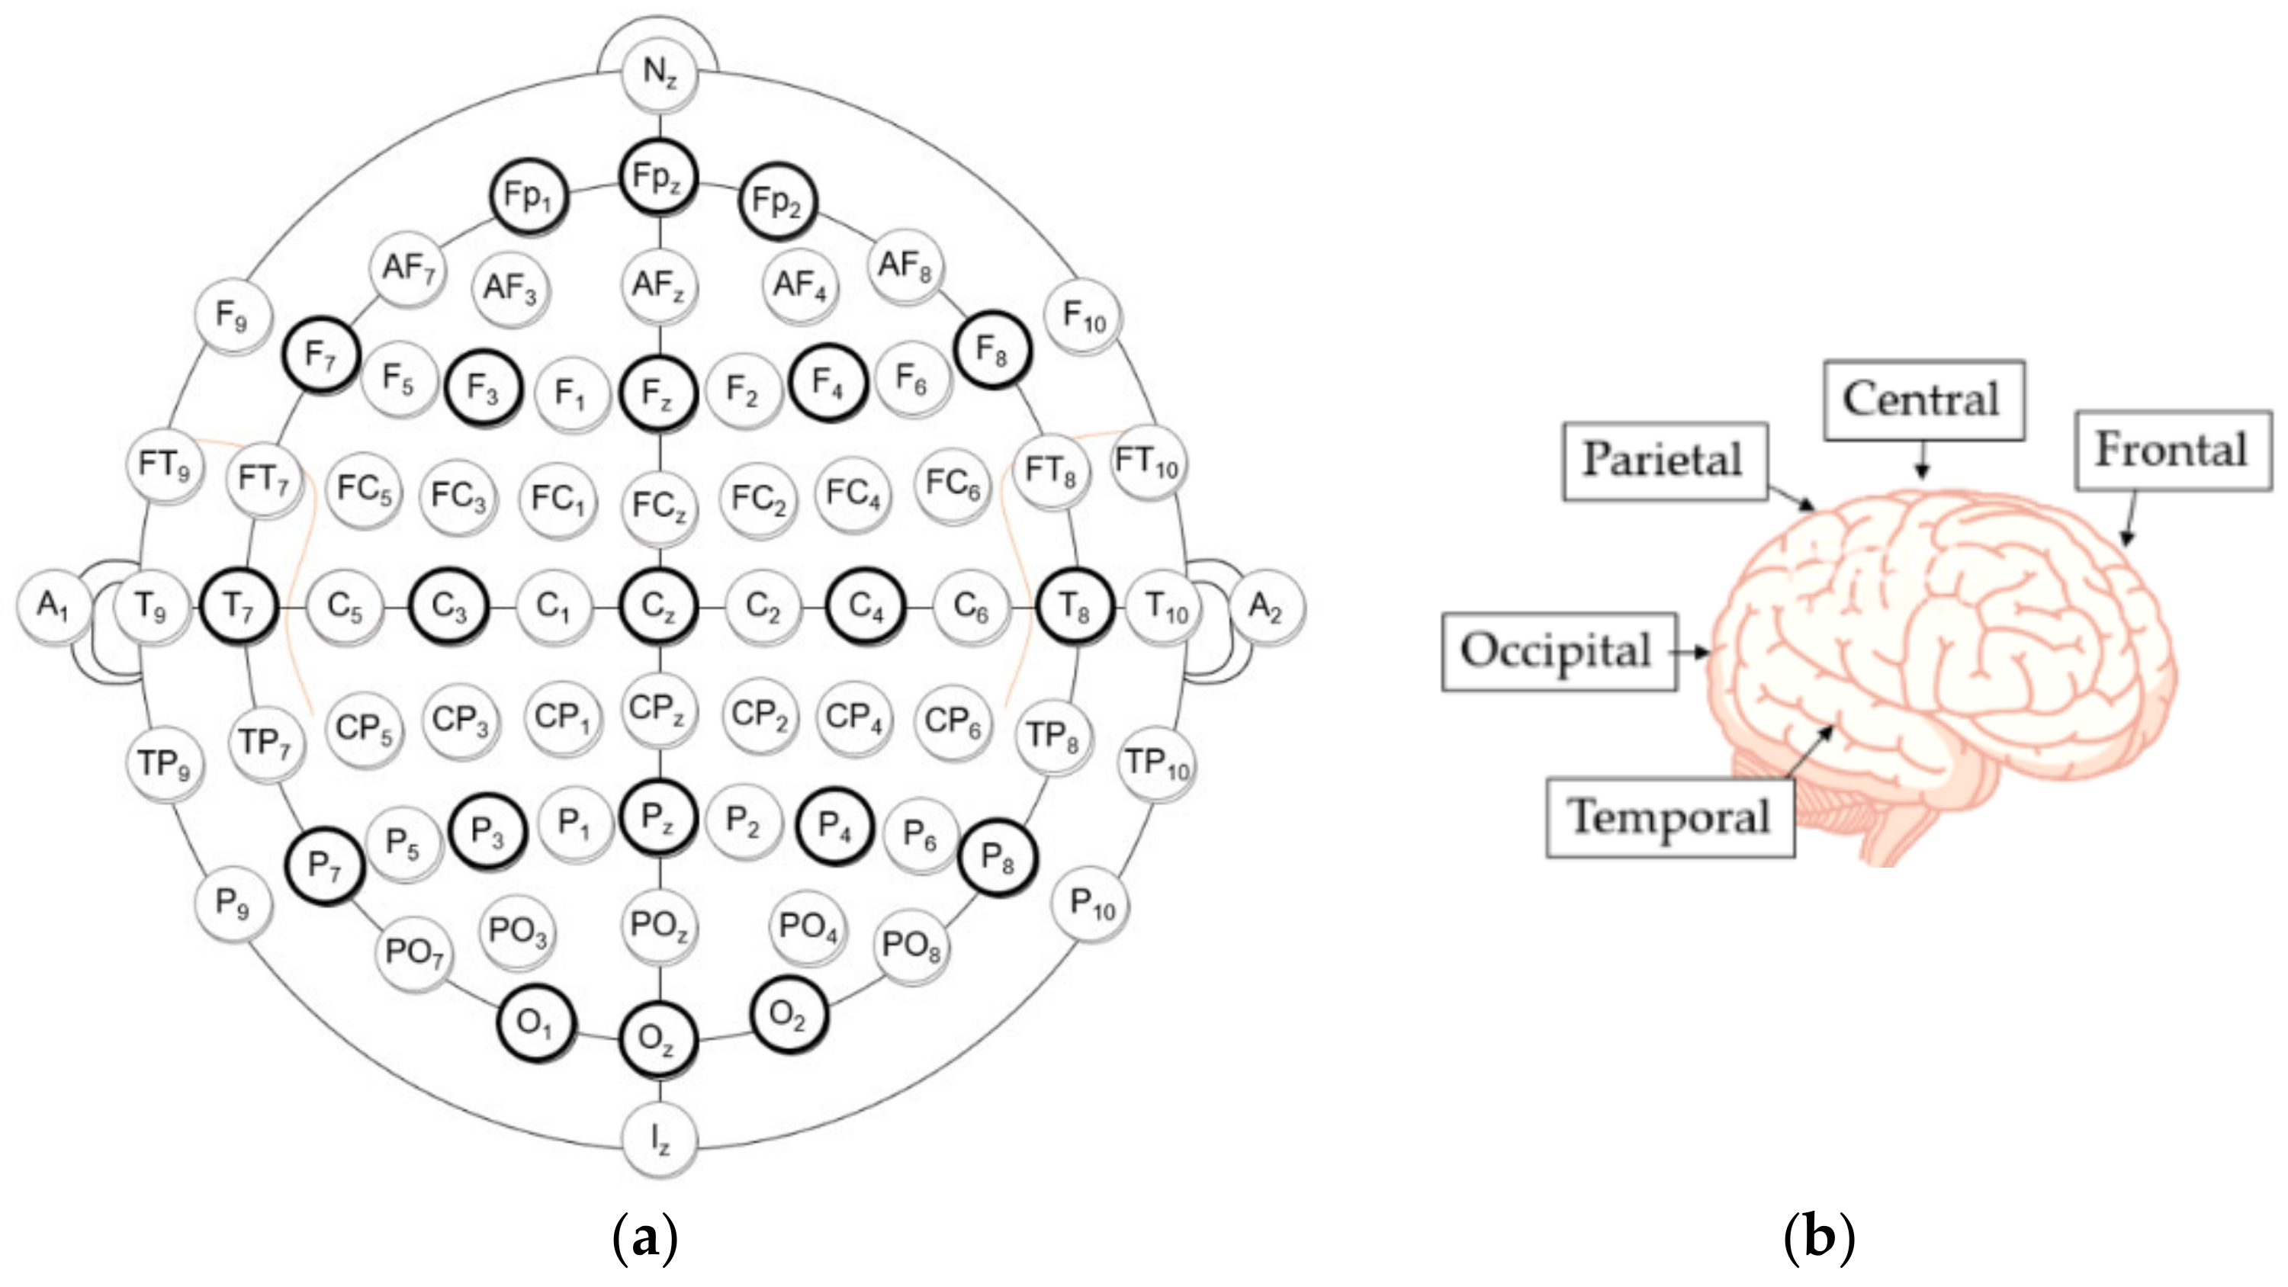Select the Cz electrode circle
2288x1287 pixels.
pos(658,607)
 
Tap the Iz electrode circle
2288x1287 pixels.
pos(658,1140)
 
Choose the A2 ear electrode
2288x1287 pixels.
pos(1266,607)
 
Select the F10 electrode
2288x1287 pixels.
pos(1085,316)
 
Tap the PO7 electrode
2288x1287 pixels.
pos(414,953)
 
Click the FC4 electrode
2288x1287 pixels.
pos(853,494)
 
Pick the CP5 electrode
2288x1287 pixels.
pos(363,728)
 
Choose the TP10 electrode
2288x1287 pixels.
pos(1156,764)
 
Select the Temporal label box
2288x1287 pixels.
pos(1669,817)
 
